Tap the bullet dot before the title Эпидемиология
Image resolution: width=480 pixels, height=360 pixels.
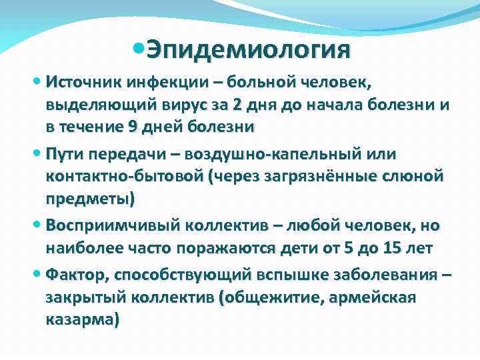tap(138, 49)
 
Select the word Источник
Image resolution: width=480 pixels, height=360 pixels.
tap(79, 83)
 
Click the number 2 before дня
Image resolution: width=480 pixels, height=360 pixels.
tap(238, 105)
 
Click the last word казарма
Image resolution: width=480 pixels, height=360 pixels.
tap(82, 319)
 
